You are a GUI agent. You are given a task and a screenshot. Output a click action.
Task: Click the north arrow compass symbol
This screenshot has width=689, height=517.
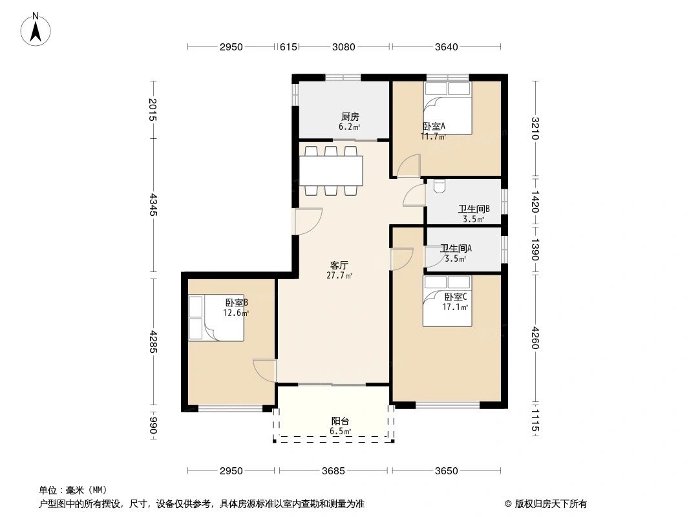(36, 29)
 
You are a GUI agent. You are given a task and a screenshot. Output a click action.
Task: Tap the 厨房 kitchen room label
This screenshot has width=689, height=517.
(350, 117)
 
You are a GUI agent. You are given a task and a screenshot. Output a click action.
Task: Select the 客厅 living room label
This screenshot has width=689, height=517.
(339, 266)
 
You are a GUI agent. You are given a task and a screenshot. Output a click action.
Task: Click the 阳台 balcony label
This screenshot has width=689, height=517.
(340, 421)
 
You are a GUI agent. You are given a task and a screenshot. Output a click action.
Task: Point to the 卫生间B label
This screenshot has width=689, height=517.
(474, 209)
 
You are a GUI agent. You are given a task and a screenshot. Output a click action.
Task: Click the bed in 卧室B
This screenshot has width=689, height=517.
(216, 319)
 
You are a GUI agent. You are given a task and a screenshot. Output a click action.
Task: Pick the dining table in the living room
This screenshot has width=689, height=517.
(332, 171)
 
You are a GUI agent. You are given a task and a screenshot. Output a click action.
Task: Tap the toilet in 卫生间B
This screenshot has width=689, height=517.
(440, 186)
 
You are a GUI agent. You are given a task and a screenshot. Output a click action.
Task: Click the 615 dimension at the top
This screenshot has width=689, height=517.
(288, 47)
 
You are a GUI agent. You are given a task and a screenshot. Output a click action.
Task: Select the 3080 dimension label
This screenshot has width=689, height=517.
(344, 47)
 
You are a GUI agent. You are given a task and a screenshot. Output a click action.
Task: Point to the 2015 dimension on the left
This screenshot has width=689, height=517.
(153, 109)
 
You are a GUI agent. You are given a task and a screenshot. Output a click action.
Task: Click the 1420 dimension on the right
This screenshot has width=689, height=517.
(535, 202)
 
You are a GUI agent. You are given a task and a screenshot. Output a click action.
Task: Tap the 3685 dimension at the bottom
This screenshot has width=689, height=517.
(334, 471)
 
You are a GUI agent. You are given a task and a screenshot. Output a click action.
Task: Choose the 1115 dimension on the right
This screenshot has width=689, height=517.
(535, 420)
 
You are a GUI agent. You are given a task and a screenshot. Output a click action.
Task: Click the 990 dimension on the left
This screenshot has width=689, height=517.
(153, 425)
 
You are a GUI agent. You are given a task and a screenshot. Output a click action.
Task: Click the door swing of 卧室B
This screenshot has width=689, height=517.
(264, 371)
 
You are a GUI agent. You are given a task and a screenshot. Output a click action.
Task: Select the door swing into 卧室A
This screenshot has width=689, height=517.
(408, 166)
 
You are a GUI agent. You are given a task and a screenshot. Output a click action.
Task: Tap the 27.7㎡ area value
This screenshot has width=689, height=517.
(339, 276)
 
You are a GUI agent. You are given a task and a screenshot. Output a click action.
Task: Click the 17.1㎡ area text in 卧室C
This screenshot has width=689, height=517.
(455, 308)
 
